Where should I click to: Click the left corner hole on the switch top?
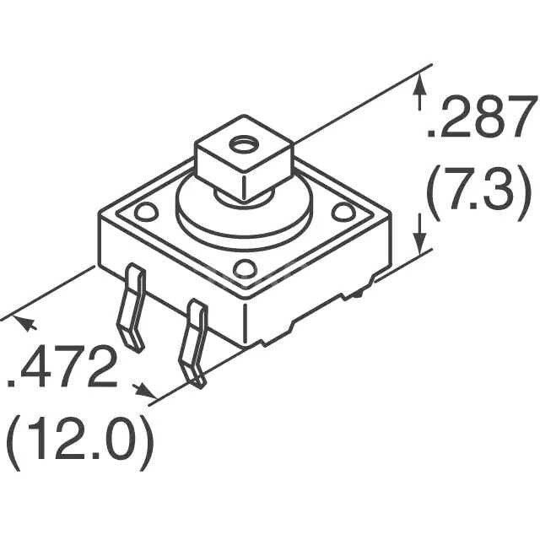coord(144,210)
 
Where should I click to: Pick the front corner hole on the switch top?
coord(245,269)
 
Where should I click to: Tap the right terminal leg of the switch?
coord(194,342)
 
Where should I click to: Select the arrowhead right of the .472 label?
coord(147,390)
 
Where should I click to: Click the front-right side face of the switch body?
coord(321,283)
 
